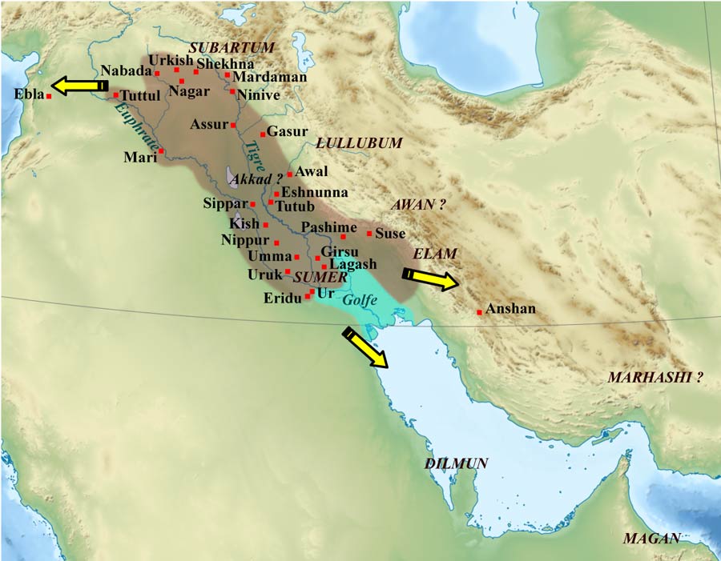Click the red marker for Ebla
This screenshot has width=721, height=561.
50,96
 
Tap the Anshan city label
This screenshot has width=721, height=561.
511,309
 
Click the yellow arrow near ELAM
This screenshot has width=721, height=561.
430,278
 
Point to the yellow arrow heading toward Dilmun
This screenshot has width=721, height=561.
365,348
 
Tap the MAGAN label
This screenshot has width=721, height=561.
651,538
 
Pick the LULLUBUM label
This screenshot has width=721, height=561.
358,142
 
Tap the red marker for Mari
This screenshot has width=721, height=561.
161,150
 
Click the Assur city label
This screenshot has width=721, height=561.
209,125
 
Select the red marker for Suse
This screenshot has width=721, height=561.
369,234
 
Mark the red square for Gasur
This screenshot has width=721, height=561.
262,134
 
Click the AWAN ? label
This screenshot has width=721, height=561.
417,205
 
